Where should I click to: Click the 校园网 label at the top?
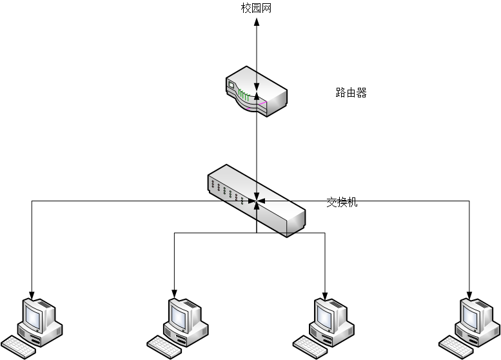click(x=257, y=8)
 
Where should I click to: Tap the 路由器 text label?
click(x=351, y=93)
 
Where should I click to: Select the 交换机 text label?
click(x=342, y=202)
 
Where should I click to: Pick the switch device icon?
click(x=256, y=201)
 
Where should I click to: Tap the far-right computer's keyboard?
click(x=457, y=348)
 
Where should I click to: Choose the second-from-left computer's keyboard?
click(x=164, y=348)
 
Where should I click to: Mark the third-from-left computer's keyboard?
click(x=310, y=348)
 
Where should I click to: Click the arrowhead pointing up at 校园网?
click(x=257, y=21)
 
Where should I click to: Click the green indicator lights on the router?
click(x=243, y=97)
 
